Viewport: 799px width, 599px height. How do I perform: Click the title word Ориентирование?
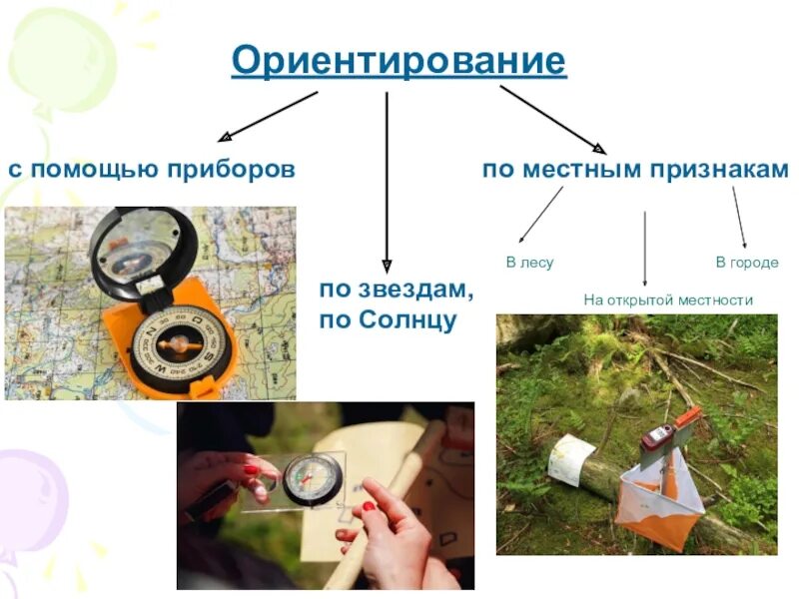(399, 62)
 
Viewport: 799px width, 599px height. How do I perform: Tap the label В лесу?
(529, 263)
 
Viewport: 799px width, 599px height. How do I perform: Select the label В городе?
(746, 263)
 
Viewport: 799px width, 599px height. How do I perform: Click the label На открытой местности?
(667, 299)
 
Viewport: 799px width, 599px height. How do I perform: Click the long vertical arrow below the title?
(387, 180)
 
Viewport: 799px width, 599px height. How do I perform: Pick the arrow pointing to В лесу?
(540, 215)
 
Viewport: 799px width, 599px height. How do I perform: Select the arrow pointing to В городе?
(739, 217)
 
